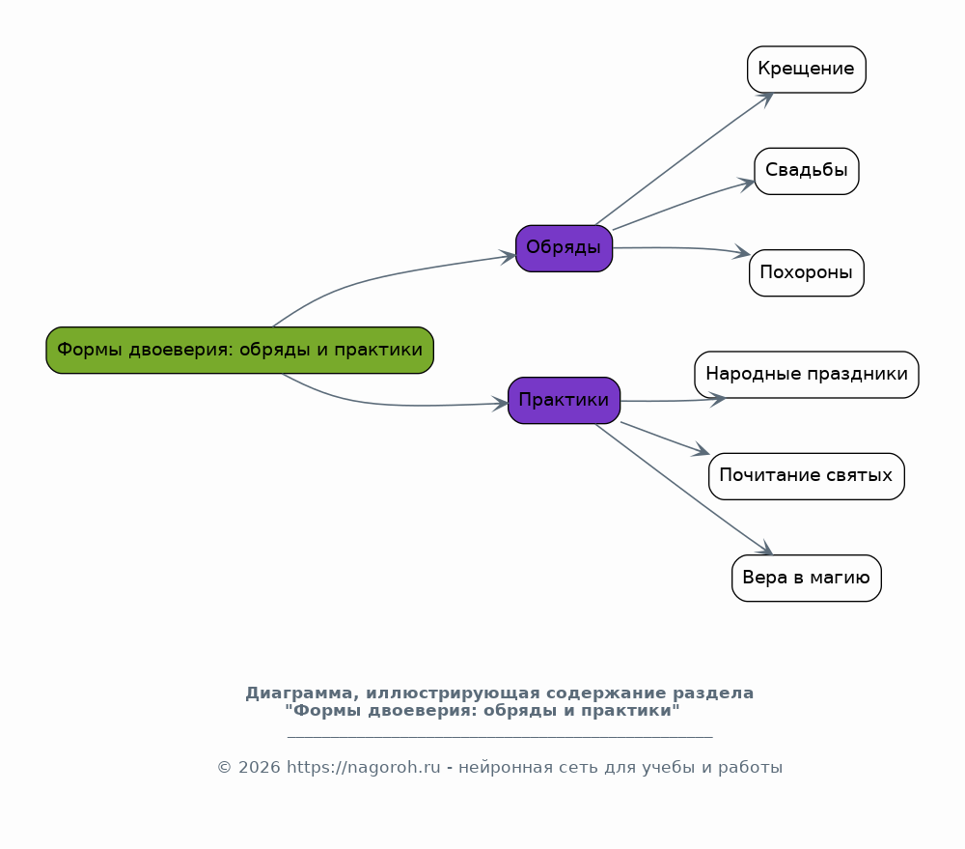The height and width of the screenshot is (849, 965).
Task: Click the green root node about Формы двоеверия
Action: pyautogui.click(x=239, y=350)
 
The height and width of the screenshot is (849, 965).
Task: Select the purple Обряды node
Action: pyautogui.click(x=564, y=248)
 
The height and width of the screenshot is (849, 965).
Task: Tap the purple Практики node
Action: pyautogui.click(x=564, y=400)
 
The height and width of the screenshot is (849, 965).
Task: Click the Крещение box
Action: pyautogui.click(x=806, y=70)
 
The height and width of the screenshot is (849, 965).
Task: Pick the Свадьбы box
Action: pyautogui.click(x=806, y=171)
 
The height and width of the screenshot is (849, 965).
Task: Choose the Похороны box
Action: pyautogui.click(x=806, y=272)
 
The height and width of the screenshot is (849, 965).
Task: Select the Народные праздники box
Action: pyautogui.click(x=806, y=375)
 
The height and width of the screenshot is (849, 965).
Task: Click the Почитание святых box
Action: pyautogui.click(x=806, y=476)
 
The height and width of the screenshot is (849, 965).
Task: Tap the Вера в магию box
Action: pyautogui.click(x=806, y=578)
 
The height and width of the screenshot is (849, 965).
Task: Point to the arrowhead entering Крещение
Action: pyautogui.click(x=767, y=97)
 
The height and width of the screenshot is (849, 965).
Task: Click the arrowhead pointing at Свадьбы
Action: pyautogui.click(x=748, y=182)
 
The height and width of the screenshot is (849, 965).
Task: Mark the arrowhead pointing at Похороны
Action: pyautogui.click(x=743, y=254)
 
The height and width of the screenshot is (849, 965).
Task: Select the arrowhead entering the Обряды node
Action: pyautogui.click(x=509, y=256)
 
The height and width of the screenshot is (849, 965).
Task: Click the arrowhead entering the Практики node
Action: pyautogui.click(x=501, y=403)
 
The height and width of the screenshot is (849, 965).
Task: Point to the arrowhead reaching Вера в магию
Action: pyautogui.click(x=766, y=551)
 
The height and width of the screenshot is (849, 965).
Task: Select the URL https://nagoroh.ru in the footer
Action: pyautogui.click(x=363, y=768)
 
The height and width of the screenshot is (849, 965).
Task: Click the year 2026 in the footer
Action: pyautogui.click(x=259, y=768)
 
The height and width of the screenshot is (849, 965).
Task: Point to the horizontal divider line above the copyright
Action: pyautogui.click(x=500, y=737)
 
